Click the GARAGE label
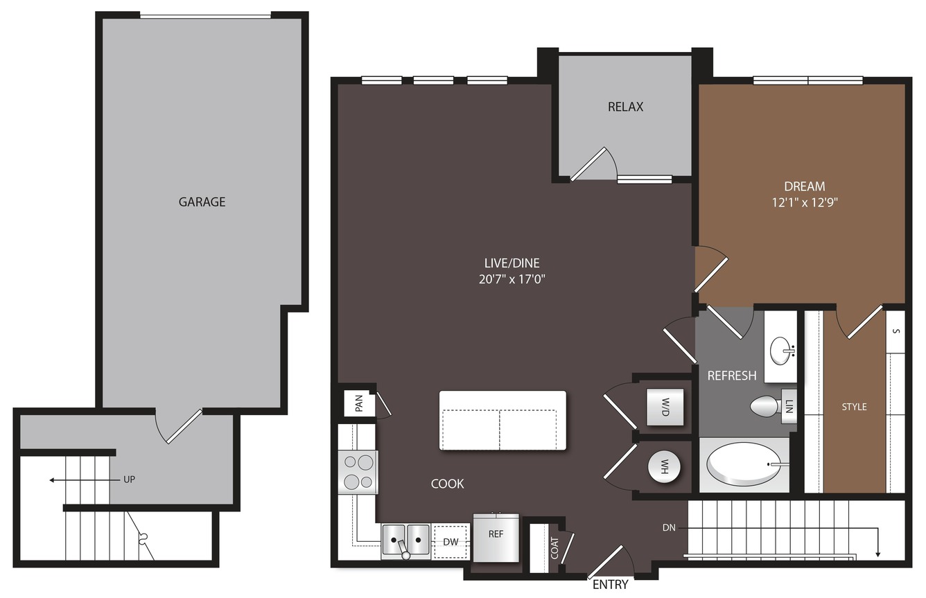(x=202, y=202)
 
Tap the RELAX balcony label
(x=625, y=107)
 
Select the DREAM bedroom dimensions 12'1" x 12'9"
(x=805, y=202)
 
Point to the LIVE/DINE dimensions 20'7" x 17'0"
(x=512, y=279)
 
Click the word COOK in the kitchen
(x=447, y=484)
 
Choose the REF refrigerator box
(x=496, y=538)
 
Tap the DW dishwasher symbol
(x=451, y=542)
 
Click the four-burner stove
(x=358, y=472)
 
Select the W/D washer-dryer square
(x=665, y=407)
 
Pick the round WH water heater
(x=664, y=467)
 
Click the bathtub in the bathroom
(x=743, y=464)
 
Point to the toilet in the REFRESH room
(x=765, y=406)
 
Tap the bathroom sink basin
(x=780, y=351)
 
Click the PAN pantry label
(x=359, y=404)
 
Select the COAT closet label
(x=554, y=548)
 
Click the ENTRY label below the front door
(x=610, y=584)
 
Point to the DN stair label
(x=669, y=528)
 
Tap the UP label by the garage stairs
(x=130, y=480)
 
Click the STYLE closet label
(x=854, y=407)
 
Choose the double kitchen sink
(x=405, y=540)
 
